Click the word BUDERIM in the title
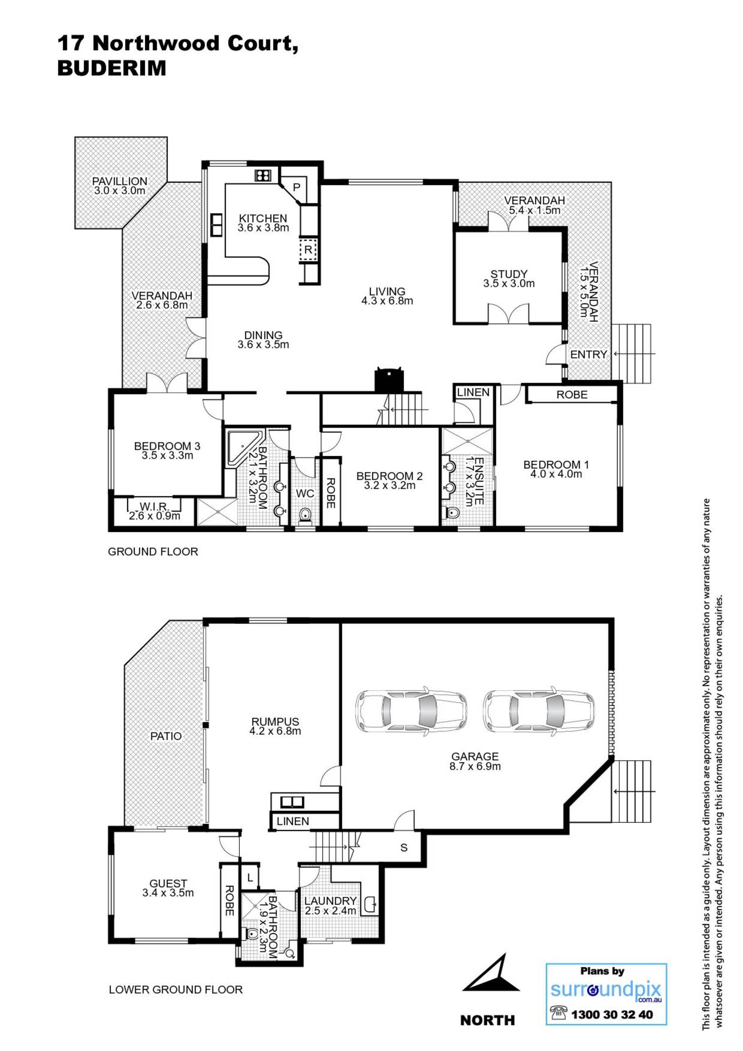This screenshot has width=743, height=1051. [111, 68]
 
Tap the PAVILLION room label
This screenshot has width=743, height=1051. [119, 181]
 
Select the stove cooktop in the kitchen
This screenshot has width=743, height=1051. [263, 176]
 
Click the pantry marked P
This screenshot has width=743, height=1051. [296, 187]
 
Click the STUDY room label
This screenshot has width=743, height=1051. [509, 274]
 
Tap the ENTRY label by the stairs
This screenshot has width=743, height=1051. [588, 354]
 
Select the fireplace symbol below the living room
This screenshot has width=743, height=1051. [389, 379]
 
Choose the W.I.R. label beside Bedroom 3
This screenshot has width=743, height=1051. [155, 506]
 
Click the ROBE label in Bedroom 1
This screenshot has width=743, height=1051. [572, 394]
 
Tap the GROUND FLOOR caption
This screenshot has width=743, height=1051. [153, 552]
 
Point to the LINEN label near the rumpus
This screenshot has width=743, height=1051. [293, 821]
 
